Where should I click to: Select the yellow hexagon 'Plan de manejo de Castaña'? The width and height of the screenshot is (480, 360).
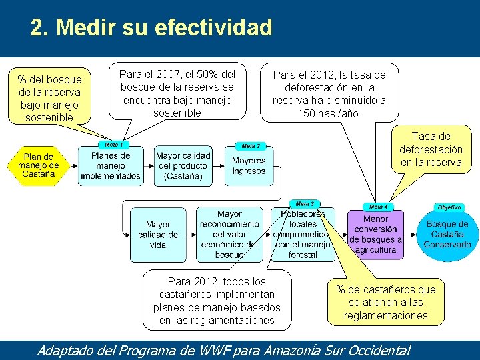[38, 165]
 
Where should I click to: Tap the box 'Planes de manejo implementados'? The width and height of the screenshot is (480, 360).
[111, 166]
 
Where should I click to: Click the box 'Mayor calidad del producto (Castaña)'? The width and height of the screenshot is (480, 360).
[183, 166]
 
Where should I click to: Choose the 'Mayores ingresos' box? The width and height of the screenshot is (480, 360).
[249, 166]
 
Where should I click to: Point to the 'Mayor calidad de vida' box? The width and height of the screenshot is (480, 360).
[158, 235]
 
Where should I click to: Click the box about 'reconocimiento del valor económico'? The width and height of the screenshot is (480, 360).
[229, 235]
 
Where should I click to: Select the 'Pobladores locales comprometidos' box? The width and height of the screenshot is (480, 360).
[303, 235]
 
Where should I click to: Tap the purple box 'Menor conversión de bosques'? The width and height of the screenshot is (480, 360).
[375, 235]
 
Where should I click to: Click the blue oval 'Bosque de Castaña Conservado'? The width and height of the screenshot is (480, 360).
[447, 234]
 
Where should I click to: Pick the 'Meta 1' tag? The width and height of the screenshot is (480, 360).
[113, 145]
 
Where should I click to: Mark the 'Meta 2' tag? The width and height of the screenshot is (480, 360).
[251, 146]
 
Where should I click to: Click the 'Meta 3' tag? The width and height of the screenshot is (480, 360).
[305, 203]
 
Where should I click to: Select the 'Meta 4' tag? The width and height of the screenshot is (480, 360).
[378, 207]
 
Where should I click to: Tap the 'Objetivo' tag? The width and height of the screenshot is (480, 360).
[449, 207]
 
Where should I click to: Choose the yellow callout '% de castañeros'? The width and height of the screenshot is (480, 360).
[385, 302]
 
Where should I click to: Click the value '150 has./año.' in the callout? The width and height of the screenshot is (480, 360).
[329, 113]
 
